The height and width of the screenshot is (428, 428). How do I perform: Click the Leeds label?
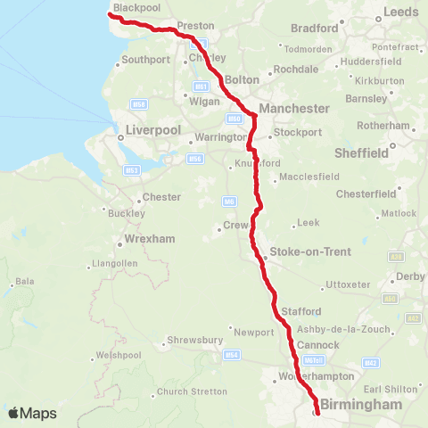click(399, 12)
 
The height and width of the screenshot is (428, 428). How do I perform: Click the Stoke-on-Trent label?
click(299, 252)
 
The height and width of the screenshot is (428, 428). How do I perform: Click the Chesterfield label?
click(366, 193)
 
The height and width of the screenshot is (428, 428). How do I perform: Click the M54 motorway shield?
click(232, 355)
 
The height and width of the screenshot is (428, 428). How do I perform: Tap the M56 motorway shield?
click(194, 159)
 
